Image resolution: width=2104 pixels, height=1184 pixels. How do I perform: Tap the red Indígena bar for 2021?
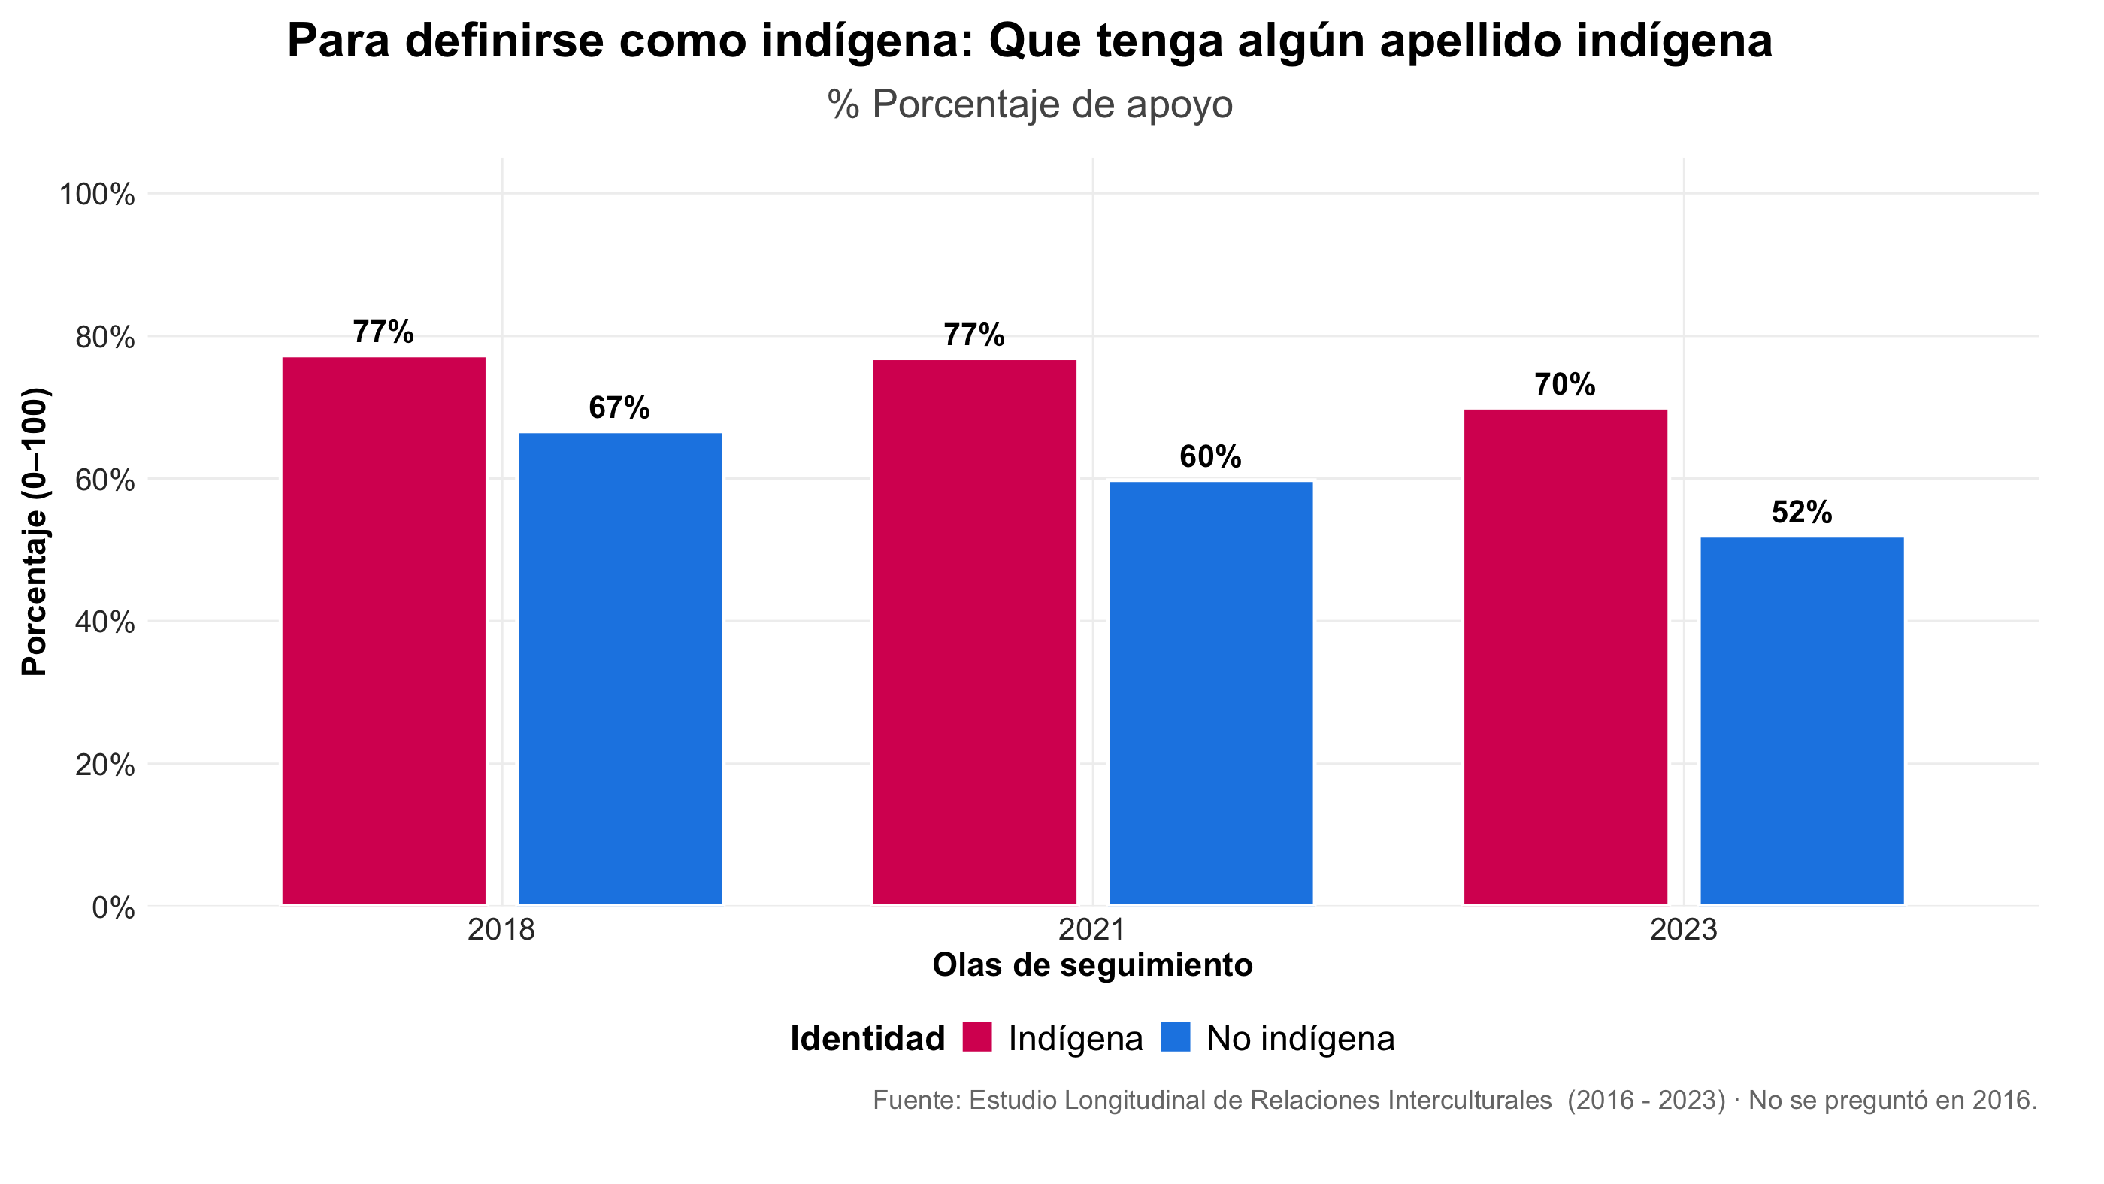pyautogui.click(x=974, y=632)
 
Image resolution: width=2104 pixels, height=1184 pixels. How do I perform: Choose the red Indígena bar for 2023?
pyautogui.click(x=1565, y=656)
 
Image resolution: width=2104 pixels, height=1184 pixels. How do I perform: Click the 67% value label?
pyautogui.click(x=619, y=407)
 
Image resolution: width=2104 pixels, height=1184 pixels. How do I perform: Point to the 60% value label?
pyautogui.click(x=1209, y=456)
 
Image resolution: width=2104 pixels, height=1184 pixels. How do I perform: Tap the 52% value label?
pyautogui.click(x=1801, y=512)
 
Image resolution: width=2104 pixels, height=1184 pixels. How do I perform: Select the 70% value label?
pyautogui.click(x=1564, y=385)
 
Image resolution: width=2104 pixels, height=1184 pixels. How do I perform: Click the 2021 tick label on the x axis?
pyautogui.click(x=1092, y=929)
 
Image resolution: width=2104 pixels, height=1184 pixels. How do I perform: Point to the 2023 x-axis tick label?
pyautogui.click(x=1683, y=929)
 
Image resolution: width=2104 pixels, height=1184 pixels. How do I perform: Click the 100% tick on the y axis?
pyautogui.click(x=96, y=195)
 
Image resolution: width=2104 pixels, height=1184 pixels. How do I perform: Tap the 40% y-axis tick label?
pyautogui.click(x=104, y=622)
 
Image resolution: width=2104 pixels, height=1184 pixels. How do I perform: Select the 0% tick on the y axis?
pyautogui.click(x=113, y=907)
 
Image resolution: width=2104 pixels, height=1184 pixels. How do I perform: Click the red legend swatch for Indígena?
pyautogui.click(x=977, y=1037)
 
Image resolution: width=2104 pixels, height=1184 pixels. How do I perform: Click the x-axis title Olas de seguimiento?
pyautogui.click(x=1092, y=965)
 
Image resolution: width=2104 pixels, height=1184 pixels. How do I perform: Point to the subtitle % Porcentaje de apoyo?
pyautogui.click(x=1029, y=104)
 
